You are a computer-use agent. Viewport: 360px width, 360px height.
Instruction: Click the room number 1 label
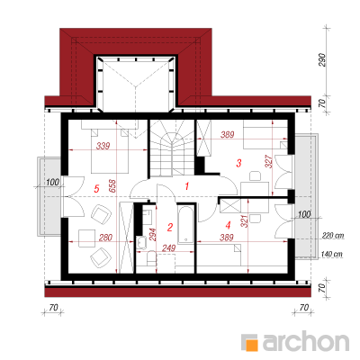187,186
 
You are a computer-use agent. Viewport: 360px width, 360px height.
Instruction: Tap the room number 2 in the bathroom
170,228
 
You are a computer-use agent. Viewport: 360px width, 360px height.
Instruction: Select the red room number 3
238,163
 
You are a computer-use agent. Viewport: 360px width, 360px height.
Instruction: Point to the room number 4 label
229,224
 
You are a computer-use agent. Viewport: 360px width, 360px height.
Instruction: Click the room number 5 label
96,189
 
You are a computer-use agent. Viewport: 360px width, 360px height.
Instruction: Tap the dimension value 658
112,186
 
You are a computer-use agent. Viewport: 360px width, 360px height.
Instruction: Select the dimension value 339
103,146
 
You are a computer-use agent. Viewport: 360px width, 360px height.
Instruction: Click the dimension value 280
105,238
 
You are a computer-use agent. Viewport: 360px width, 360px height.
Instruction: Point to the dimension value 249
169,247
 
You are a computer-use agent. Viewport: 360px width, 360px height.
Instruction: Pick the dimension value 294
153,236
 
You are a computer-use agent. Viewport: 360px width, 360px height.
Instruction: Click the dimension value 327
269,161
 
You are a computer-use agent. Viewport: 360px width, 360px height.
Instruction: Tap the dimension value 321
245,221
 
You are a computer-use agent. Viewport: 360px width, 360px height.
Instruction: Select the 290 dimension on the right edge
321,60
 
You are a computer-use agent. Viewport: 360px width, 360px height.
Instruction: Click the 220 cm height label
332,236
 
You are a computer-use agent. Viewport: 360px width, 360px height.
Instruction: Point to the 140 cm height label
332,254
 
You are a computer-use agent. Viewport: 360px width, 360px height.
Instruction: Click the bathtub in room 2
186,224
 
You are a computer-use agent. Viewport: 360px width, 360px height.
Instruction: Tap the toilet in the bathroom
151,258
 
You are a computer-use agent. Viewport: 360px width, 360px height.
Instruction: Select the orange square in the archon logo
252,346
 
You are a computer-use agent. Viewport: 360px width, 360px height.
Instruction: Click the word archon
306,341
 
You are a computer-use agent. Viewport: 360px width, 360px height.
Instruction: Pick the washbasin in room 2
141,242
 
